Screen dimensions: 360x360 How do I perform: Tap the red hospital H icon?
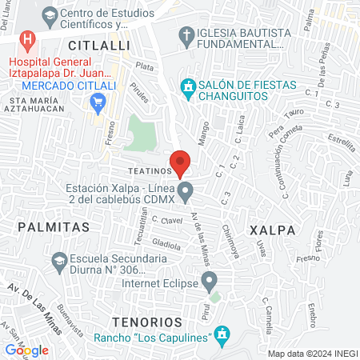pos(29,38)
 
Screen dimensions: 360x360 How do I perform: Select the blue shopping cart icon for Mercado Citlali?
pos(99,101)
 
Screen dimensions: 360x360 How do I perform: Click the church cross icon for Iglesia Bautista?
pos(186,34)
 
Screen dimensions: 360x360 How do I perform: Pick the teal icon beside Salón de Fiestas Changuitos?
pos(187,86)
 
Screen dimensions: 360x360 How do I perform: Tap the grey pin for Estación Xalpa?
pos(186,192)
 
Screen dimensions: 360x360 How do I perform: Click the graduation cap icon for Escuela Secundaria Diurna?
pos(59,260)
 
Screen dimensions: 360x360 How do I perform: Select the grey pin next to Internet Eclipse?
pos(209,281)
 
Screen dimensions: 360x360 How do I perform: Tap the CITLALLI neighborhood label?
pos(98,46)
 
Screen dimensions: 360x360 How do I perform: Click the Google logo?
pos(26,350)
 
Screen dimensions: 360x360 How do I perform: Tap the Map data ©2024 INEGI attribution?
pos(312,353)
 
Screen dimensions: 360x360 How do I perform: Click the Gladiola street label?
pos(166,244)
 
